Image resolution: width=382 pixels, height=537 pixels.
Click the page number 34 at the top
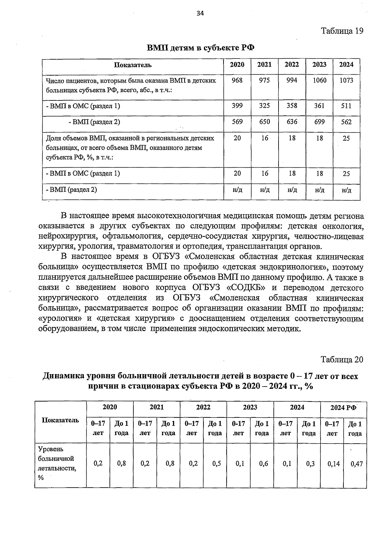(200, 13)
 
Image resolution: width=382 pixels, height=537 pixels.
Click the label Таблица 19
(342, 31)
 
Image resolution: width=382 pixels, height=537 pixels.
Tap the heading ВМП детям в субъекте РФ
(201, 48)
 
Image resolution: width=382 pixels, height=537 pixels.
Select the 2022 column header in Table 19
(292, 65)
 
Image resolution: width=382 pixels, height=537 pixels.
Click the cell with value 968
(237, 80)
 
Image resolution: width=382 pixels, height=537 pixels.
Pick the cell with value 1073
(346, 80)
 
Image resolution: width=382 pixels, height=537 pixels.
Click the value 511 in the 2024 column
(346, 105)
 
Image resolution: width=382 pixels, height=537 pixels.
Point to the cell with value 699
(319, 122)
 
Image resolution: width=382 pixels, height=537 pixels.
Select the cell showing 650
(264, 122)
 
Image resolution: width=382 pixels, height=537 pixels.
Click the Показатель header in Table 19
(133, 65)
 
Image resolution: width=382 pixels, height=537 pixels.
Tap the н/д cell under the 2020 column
(237, 190)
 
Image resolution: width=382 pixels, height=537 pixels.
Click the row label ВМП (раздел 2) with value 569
(95, 122)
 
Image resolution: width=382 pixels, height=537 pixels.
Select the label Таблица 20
(342, 359)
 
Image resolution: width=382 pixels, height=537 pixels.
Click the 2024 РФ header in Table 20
(343, 407)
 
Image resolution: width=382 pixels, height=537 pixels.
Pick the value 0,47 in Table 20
(356, 464)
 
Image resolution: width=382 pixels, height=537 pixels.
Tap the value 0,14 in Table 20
(333, 464)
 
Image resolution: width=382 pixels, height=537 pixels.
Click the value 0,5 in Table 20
(216, 464)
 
